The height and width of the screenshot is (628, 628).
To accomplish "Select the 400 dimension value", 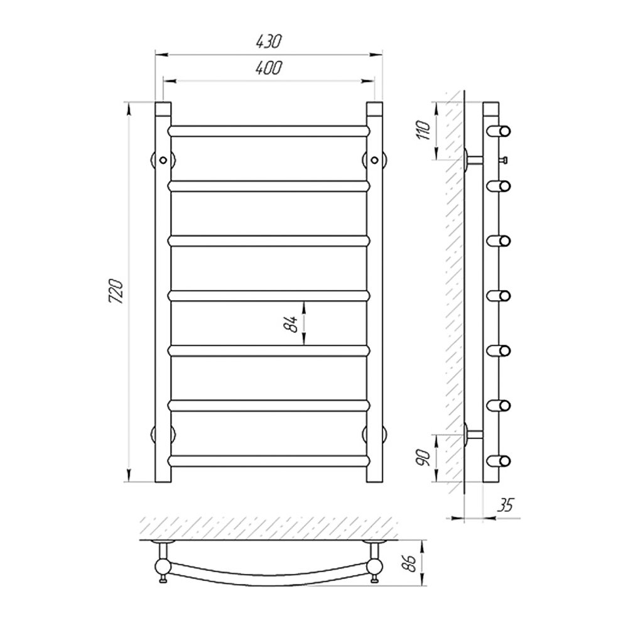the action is click(x=269, y=68).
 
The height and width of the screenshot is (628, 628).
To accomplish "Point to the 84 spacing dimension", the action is click(x=292, y=323).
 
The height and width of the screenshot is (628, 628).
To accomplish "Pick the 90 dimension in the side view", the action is click(x=424, y=457).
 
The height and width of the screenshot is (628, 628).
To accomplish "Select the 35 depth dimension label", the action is click(x=505, y=506).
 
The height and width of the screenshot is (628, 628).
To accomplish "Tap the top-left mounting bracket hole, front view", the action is click(x=163, y=160).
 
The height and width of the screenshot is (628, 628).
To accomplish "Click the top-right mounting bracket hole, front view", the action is click(x=374, y=160).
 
